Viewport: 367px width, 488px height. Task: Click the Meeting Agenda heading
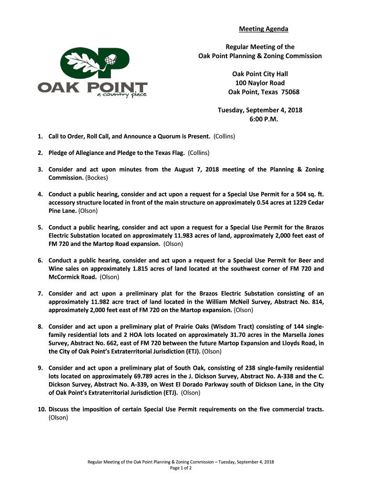click(x=263, y=30)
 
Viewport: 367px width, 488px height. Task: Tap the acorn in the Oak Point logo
click(x=112, y=60)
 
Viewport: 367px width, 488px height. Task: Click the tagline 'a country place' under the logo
click(x=122, y=95)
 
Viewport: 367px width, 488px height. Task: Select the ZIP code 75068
click(x=290, y=92)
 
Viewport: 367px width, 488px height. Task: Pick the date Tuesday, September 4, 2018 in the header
click(x=260, y=110)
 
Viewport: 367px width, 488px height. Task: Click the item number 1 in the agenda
click(x=41, y=137)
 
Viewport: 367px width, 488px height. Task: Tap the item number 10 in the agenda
click(x=41, y=409)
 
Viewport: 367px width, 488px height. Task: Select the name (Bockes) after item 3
click(x=97, y=178)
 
